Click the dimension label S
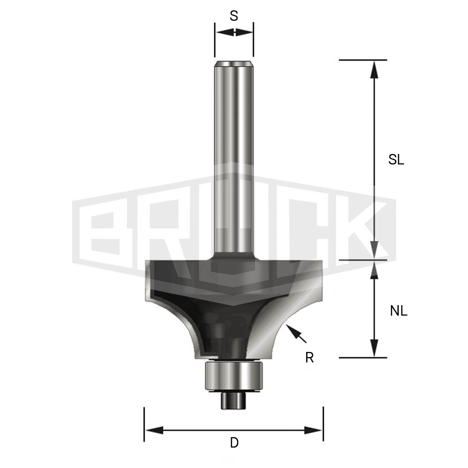[234, 16]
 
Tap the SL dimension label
[396, 160]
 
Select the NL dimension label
[398, 311]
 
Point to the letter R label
[309, 357]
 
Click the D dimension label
[234, 442]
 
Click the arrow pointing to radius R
[296, 333]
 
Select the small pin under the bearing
[234, 401]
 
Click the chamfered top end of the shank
[234, 64]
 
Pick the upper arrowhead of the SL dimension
[374, 70]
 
